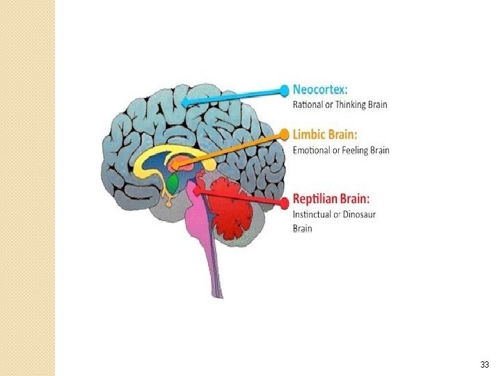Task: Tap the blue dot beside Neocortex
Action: point(284,91)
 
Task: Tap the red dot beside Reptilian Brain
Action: point(283,202)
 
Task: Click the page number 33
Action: point(484,365)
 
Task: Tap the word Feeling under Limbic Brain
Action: point(360,150)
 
